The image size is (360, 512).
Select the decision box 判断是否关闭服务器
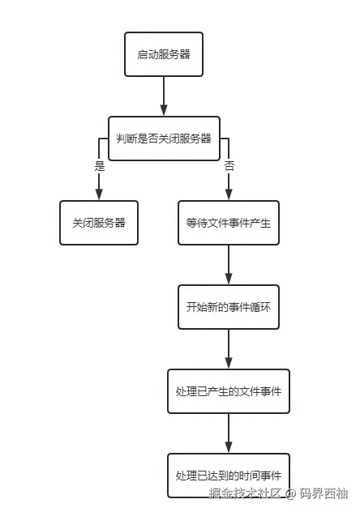(x=164, y=139)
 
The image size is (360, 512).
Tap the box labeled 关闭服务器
(x=99, y=223)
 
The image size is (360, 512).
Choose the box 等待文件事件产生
(x=228, y=223)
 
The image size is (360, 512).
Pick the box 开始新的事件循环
(x=228, y=307)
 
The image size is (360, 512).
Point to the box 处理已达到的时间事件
(x=228, y=475)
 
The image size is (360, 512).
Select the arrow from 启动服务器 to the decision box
(x=164, y=96)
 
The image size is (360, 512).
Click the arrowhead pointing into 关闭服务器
(x=99, y=194)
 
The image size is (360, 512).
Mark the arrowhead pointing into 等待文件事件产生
(x=228, y=194)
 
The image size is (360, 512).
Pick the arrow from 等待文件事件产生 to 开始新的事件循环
(x=228, y=265)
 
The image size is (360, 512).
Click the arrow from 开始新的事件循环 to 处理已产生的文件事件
(x=228, y=348)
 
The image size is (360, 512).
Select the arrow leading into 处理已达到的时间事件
(x=228, y=433)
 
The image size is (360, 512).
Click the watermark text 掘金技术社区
(x=245, y=493)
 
